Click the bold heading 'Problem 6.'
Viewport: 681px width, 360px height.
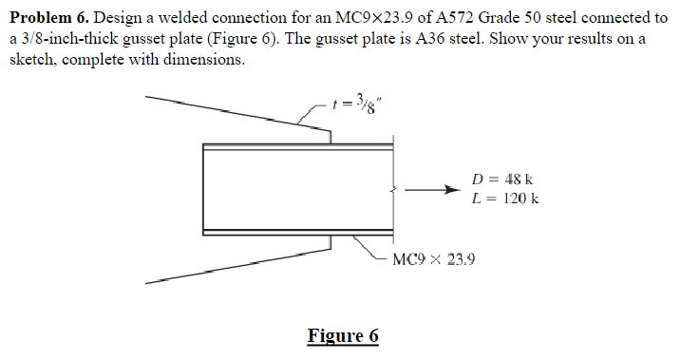[47, 18]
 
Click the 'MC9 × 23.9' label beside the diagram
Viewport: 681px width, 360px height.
[433, 258]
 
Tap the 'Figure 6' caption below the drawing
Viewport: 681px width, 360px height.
[343, 335]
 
